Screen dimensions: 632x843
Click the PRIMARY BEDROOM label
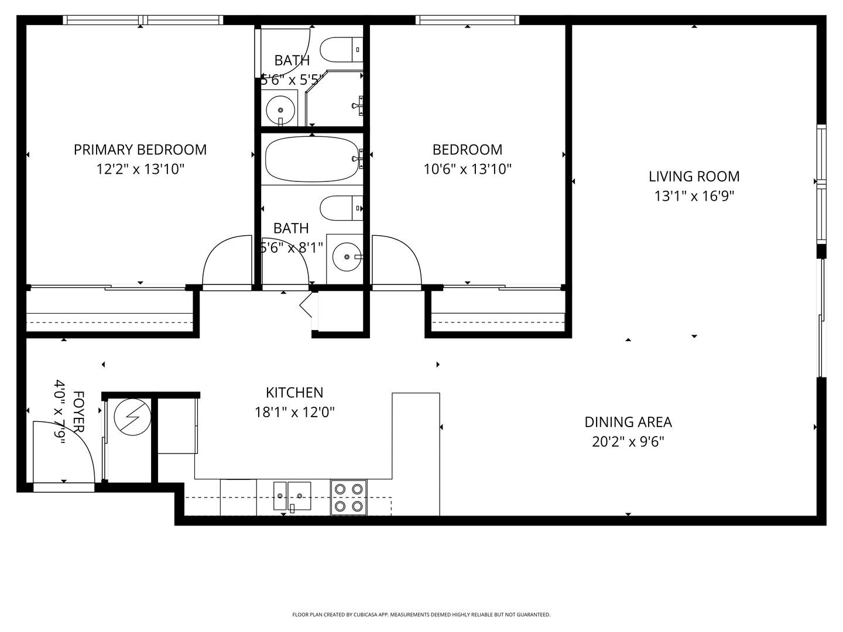point(140,150)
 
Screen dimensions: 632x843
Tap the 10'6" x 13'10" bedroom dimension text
point(467,170)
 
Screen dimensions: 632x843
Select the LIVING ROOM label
point(694,176)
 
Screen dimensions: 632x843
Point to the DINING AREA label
point(628,422)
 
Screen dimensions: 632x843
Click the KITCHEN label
point(294,393)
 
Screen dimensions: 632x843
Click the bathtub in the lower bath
point(311,159)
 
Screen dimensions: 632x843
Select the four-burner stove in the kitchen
point(349,497)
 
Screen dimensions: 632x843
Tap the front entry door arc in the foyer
point(64,451)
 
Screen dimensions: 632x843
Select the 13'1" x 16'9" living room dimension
point(694,196)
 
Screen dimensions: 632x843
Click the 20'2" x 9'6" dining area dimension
point(628,441)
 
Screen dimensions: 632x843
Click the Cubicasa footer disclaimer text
point(421,615)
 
